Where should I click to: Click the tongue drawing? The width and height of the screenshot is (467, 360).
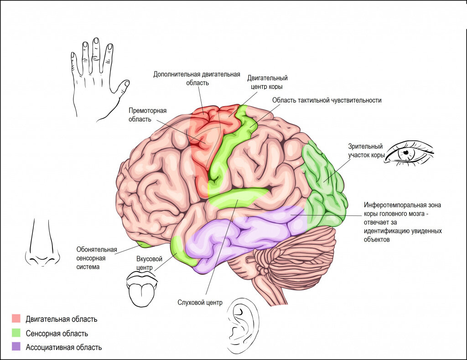[141, 292]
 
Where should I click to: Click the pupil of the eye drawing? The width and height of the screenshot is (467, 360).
[405, 153]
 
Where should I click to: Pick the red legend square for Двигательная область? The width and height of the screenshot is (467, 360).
[16, 319]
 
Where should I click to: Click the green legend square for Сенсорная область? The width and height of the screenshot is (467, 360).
[16, 333]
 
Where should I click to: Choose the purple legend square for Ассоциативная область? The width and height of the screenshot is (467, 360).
[16, 347]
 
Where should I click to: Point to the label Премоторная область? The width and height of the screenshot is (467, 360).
[147, 115]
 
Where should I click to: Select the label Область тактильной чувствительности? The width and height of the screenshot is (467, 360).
[327, 100]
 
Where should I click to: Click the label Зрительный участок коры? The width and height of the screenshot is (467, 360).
[365, 151]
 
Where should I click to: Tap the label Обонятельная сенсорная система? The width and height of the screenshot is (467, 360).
[96, 258]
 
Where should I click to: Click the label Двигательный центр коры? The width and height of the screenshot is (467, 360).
[267, 82]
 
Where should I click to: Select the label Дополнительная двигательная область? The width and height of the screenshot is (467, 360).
[197, 78]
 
